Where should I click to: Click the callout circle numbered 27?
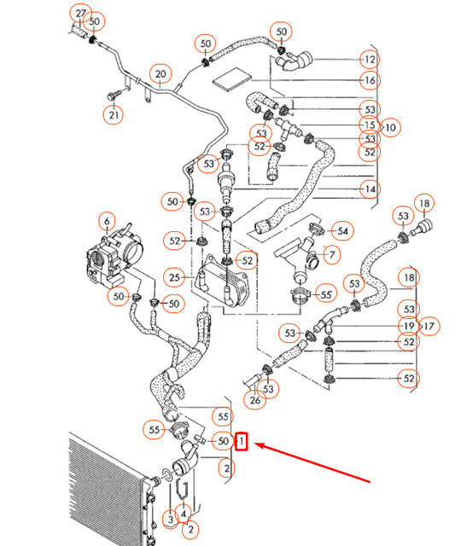point(80,14)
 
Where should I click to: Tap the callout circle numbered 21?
point(114,114)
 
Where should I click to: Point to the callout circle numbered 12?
point(369,60)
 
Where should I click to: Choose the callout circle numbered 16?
point(369,81)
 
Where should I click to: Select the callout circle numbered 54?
point(342,230)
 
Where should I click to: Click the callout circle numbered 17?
point(429,325)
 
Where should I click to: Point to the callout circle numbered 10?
point(390,128)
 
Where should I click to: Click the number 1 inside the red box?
point(242,442)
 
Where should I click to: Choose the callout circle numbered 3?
point(171,518)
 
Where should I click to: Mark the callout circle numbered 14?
point(369,189)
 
